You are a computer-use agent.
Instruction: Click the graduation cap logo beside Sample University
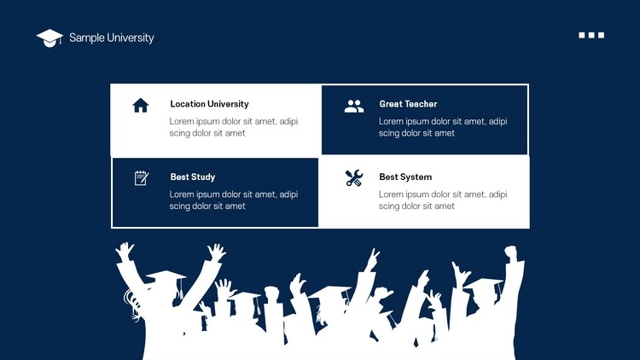click(x=49, y=38)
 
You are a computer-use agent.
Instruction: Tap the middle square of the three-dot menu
click(x=591, y=35)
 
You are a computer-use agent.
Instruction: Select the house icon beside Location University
click(x=141, y=105)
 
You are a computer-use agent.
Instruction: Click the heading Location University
click(x=209, y=104)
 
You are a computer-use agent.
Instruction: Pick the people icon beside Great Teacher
click(x=354, y=106)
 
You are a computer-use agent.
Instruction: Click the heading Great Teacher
click(x=408, y=104)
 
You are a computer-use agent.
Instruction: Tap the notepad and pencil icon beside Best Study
click(x=142, y=178)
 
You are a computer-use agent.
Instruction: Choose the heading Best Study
click(x=193, y=177)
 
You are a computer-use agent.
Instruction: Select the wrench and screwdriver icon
click(x=354, y=178)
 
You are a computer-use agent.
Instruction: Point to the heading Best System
click(x=405, y=177)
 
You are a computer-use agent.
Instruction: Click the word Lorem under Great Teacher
click(x=392, y=121)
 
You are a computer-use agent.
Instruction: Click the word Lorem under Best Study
click(x=182, y=195)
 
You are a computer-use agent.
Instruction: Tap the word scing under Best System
click(x=389, y=206)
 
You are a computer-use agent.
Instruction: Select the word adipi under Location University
click(x=288, y=122)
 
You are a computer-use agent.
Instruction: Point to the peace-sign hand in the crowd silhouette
click(x=372, y=259)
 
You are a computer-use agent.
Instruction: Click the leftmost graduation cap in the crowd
click(x=166, y=276)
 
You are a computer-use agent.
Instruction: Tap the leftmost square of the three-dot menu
click(x=582, y=35)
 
